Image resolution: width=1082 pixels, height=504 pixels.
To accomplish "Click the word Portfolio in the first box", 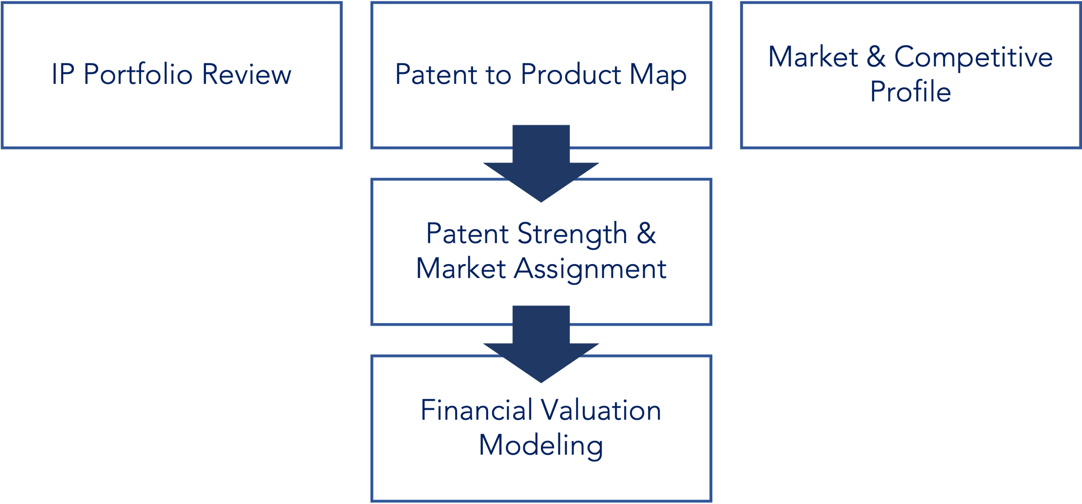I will tap(138, 74).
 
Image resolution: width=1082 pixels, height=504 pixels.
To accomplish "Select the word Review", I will tap(246, 74).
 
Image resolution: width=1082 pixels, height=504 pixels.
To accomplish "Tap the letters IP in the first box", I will tap(62, 74).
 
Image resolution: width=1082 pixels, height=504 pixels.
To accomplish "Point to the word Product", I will tap(571, 74).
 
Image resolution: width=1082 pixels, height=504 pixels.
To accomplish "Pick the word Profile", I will tap(911, 92).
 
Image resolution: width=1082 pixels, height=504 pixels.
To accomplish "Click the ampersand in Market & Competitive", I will tap(876, 57).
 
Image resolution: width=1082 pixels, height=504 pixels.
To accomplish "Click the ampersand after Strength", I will tap(646, 233).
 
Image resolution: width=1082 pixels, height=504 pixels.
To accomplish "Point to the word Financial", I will tap(477, 410).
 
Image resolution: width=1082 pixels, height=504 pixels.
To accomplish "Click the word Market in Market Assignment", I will tap(461, 269).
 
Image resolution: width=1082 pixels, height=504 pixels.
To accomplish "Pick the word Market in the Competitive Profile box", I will tap(813, 57).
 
